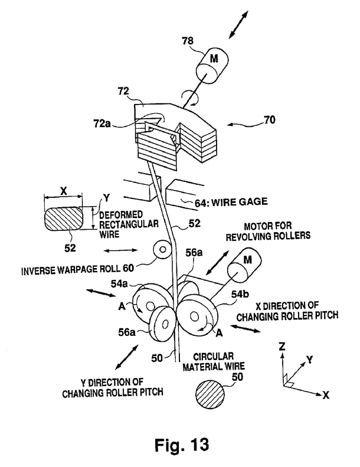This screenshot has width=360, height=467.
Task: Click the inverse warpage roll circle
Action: pos(161,250)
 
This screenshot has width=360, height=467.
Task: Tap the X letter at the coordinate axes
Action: pos(326,394)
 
